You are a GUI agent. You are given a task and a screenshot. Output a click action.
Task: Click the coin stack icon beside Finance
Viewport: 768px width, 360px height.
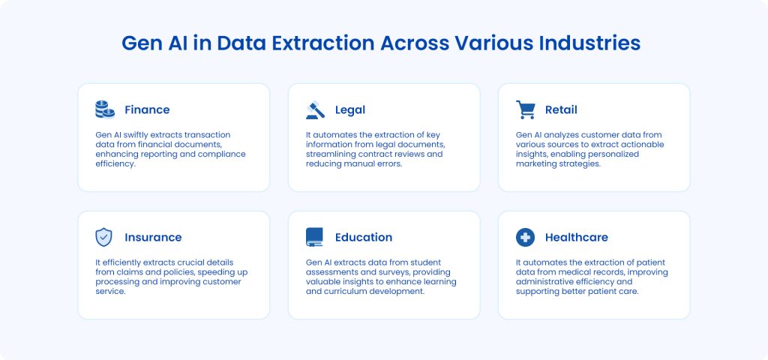click(x=105, y=109)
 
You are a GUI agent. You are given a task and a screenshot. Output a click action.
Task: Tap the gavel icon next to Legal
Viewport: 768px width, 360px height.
click(x=315, y=109)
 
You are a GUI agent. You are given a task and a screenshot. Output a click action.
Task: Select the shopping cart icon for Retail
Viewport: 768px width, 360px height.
click(x=526, y=109)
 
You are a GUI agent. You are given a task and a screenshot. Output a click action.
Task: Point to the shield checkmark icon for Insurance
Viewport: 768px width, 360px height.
click(x=104, y=237)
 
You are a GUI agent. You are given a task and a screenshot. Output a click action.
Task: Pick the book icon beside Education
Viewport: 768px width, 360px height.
click(x=315, y=237)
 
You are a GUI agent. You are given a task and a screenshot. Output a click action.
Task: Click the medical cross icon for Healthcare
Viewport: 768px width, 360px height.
click(x=525, y=237)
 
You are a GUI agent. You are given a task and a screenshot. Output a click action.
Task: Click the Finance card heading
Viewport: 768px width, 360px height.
click(x=147, y=110)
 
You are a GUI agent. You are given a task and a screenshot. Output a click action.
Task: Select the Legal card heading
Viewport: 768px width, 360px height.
click(x=349, y=110)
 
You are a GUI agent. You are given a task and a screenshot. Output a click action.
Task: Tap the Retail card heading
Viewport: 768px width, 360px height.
click(x=561, y=110)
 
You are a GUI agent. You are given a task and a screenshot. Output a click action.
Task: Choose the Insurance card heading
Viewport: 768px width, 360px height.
click(x=153, y=238)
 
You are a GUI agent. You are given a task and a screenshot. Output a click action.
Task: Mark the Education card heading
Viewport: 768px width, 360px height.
click(x=364, y=238)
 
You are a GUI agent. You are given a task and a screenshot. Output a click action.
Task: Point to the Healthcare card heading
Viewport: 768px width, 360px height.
click(x=576, y=238)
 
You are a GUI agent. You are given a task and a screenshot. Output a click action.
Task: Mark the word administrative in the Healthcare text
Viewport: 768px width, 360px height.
click(x=544, y=282)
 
